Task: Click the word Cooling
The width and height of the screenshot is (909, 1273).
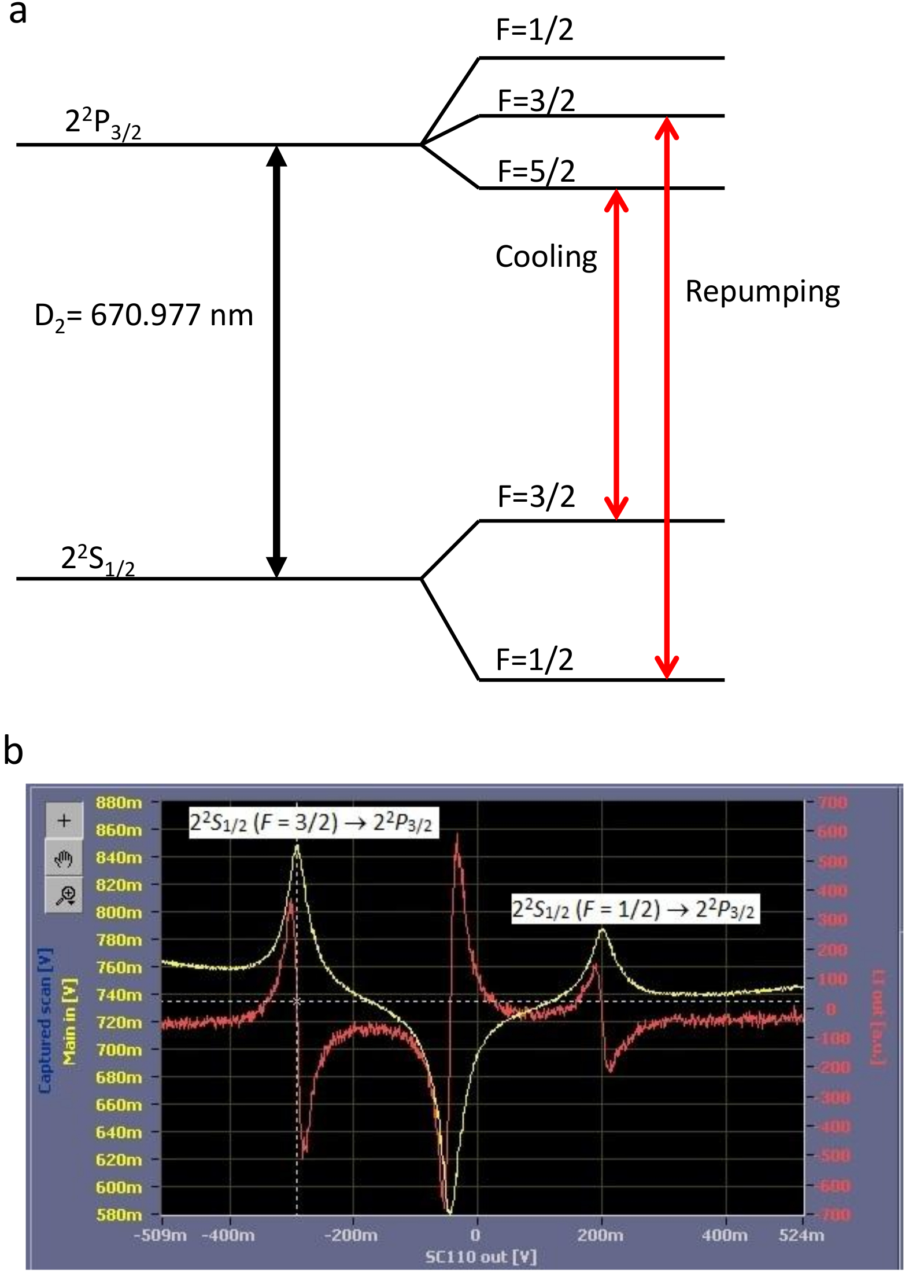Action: tap(546, 257)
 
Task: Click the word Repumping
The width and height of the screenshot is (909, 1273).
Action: tap(762, 292)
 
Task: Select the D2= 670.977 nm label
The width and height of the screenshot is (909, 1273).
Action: tap(144, 317)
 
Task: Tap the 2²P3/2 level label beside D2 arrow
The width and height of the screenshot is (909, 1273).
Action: tap(103, 123)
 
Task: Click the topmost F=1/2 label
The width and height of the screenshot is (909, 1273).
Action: tap(534, 30)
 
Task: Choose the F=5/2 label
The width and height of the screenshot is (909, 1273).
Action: tap(536, 171)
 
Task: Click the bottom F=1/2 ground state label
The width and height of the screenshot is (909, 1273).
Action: tap(534, 660)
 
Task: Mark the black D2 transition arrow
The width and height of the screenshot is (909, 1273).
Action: tap(276, 361)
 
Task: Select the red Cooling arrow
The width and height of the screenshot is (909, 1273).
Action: tap(616, 354)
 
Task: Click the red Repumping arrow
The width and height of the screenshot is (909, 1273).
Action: tap(666, 398)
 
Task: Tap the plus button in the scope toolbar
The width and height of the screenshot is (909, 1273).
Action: tap(64, 820)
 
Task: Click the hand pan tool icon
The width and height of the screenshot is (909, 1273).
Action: tap(64, 859)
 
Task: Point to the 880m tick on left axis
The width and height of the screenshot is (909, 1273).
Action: tap(119, 803)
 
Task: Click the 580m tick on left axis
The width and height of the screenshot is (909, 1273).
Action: tap(119, 1214)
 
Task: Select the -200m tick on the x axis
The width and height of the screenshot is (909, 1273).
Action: tap(351, 1235)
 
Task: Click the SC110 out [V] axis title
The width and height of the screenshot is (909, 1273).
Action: tap(481, 1257)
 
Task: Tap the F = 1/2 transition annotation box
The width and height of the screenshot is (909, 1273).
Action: tap(635, 909)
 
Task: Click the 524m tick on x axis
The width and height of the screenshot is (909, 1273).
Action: tap(801, 1235)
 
